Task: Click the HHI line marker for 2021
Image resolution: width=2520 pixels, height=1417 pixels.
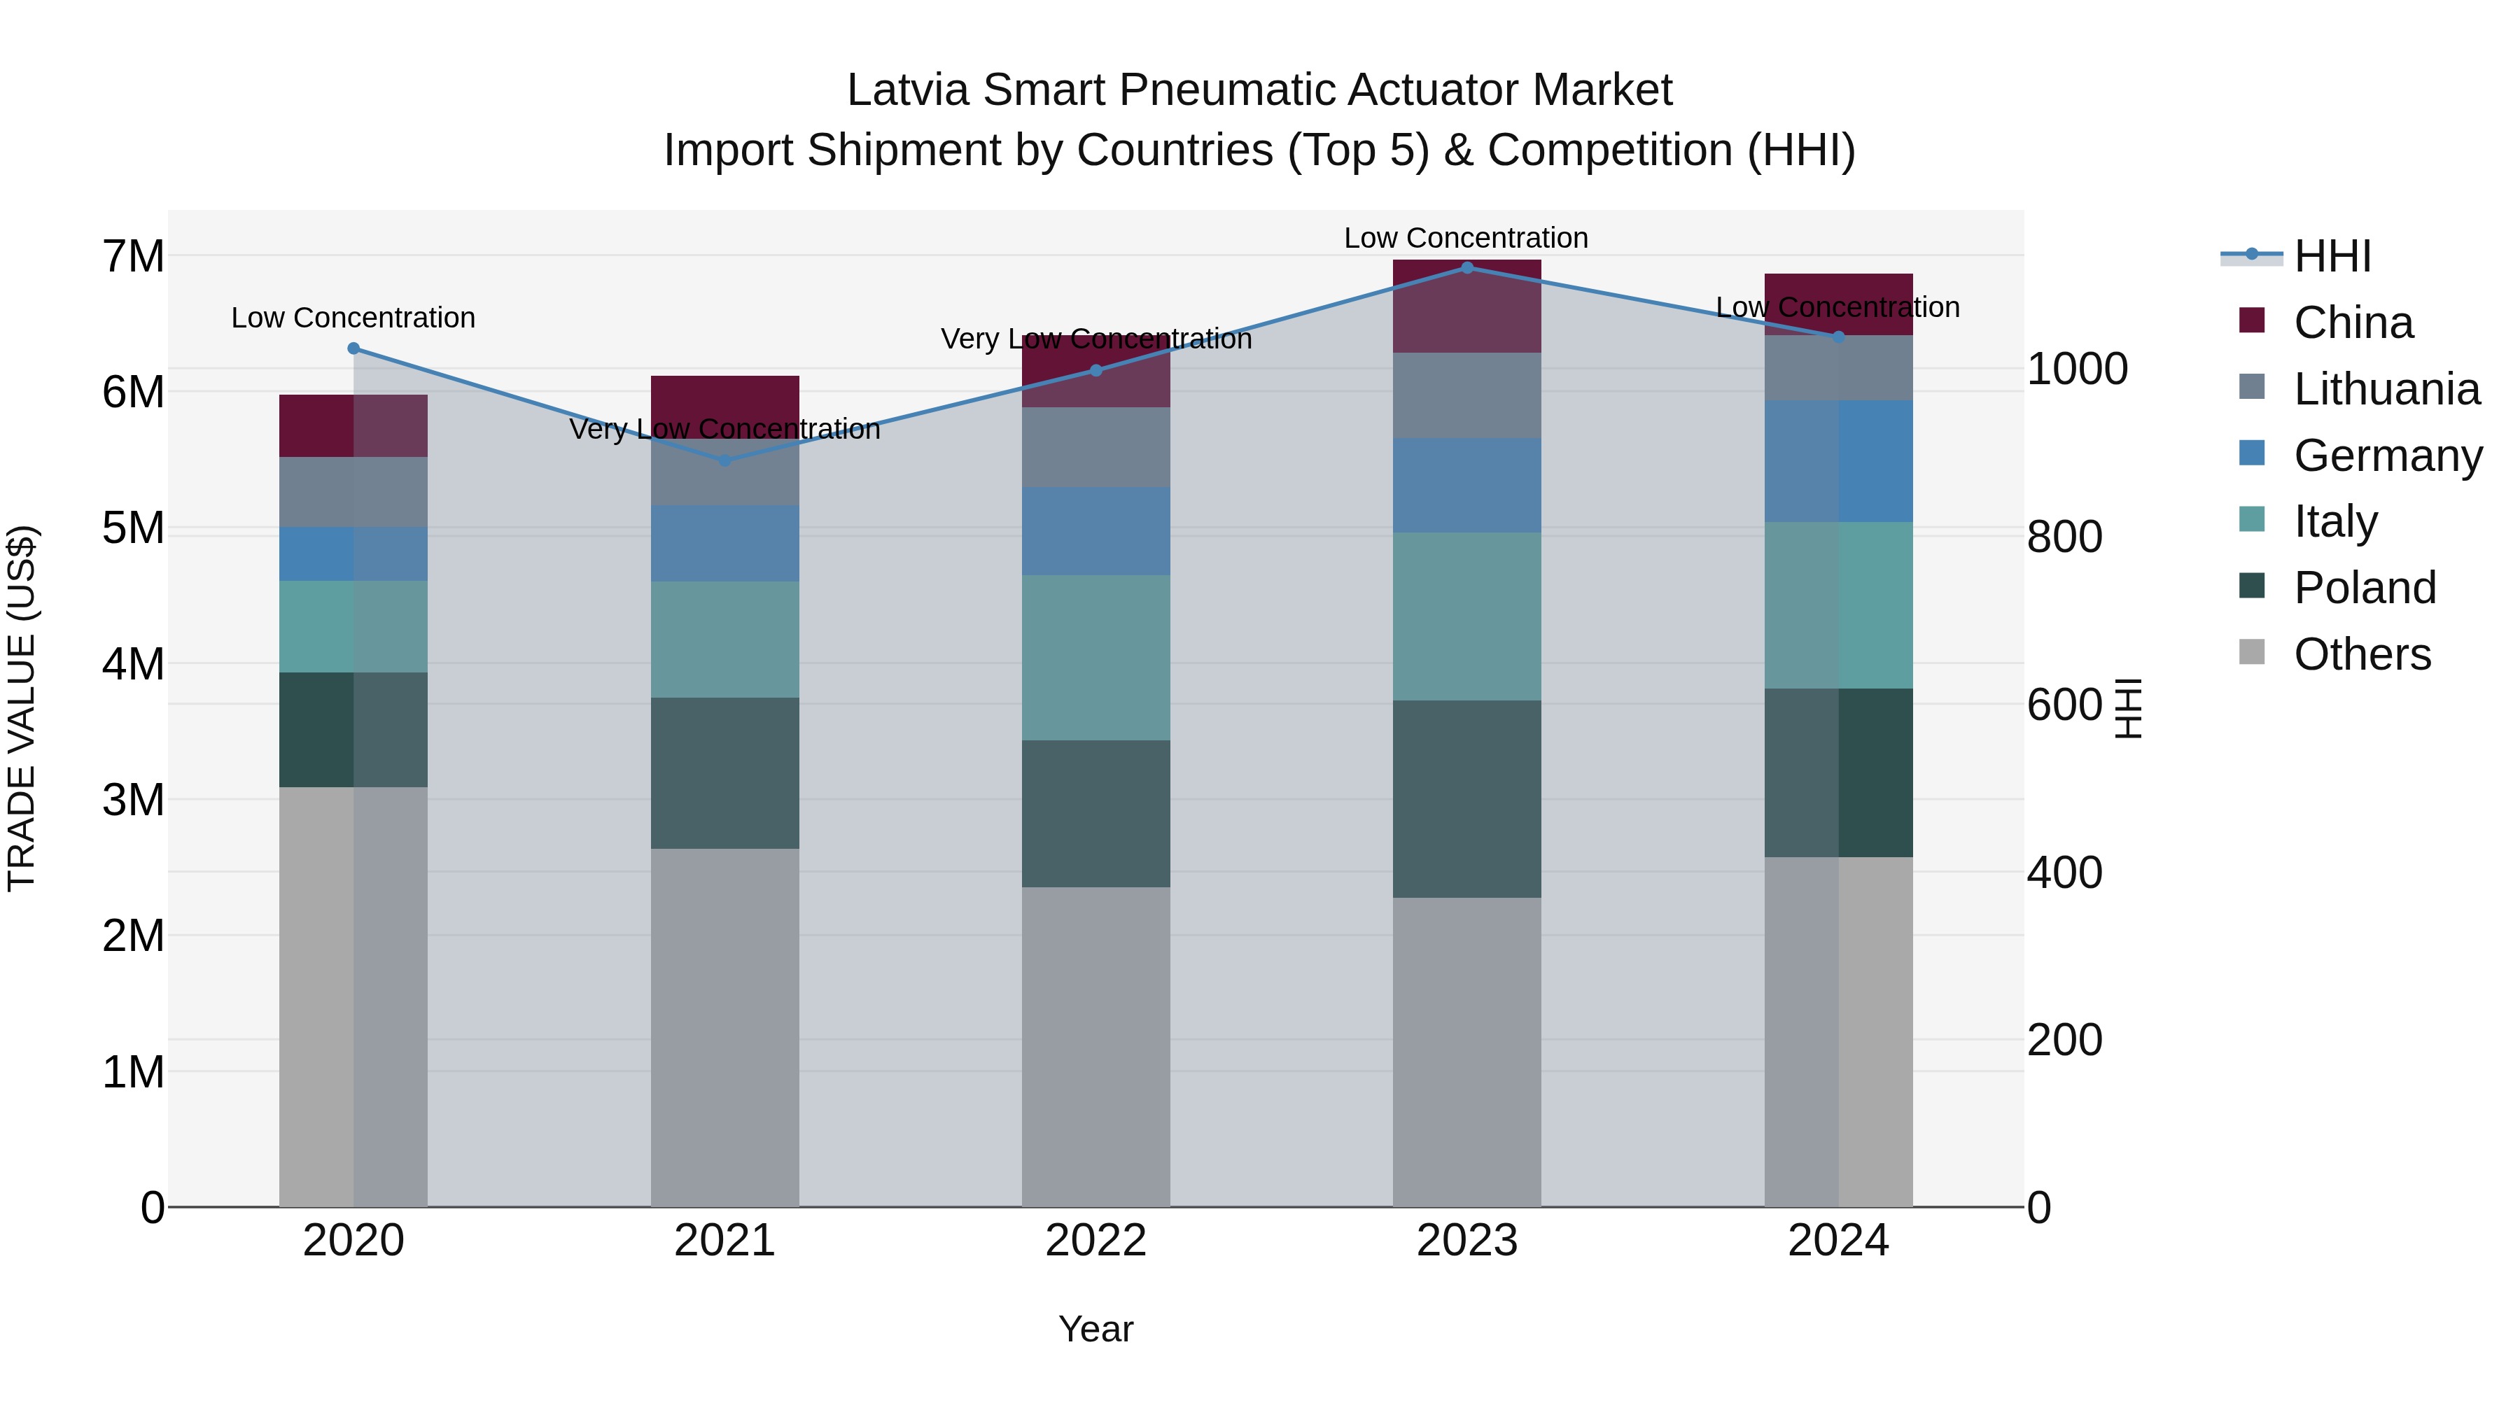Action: click(x=725, y=460)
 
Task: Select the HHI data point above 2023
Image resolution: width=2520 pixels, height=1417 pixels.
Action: click(x=1466, y=267)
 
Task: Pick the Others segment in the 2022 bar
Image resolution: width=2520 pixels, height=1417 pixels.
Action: click(x=1095, y=1046)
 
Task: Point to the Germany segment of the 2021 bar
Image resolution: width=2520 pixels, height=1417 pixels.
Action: click(x=725, y=544)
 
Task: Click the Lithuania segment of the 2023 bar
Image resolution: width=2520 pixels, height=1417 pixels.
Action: click(x=1466, y=395)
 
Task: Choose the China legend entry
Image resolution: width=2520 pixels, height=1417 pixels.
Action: click(x=2353, y=323)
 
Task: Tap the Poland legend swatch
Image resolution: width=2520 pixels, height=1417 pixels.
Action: click(x=2252, y=587)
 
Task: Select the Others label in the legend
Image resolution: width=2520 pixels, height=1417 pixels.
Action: click(x=2362, y=654)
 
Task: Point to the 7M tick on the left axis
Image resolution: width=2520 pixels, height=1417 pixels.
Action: click(x=133, y=256)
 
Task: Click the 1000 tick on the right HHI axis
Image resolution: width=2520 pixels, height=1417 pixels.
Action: click(x=2077, y=369)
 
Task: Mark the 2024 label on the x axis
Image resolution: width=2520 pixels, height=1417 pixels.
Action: click(x=1838, y=1241)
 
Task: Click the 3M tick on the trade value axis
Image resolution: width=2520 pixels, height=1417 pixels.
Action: click(x=133, y=800)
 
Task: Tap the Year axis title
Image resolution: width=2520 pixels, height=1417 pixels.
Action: click(x=1095, y=1329)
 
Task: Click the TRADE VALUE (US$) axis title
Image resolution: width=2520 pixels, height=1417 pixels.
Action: click(x=22, y=708)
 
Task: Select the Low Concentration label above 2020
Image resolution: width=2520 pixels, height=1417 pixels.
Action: click(x=353, y=318)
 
